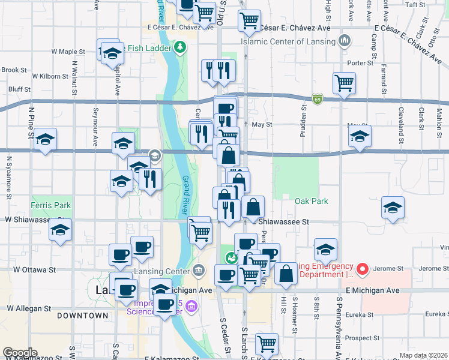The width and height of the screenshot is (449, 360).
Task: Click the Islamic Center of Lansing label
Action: (x=288, y=41)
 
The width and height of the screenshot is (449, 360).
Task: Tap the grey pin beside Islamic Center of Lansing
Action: (x=345, y=41)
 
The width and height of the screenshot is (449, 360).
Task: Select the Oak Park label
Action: (x=312, y=201)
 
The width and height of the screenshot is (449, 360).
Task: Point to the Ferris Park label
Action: (x=51, y=205)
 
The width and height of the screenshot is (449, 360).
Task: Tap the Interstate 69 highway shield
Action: (x=318, y=99)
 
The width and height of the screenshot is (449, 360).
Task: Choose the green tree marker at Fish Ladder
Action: (x=180, y=46)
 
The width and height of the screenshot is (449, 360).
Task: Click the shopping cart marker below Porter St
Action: (x=344, y=83)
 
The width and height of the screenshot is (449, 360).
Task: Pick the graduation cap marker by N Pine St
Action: (x=45, y=140)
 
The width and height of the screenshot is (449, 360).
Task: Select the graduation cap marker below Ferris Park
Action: (x=60, y=230)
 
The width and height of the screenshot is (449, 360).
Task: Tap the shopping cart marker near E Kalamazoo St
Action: (x=267, y=344)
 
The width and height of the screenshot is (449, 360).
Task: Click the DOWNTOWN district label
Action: (x=83, y=315)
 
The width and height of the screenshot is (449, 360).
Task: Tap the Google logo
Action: (x=19, y=353)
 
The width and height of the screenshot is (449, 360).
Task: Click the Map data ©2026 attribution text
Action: (x=423, y=355)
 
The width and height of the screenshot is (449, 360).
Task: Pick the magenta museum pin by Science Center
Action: (x=191, y=307)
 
